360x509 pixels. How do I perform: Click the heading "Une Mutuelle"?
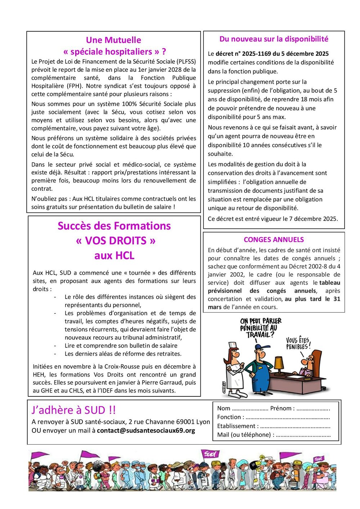tap(113, 40)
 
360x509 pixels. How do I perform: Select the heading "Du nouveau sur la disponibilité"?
tap(274, 39)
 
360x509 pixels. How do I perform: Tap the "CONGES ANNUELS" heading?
tap(274, 240)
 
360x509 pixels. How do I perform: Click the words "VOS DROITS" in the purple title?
tap(116, 241)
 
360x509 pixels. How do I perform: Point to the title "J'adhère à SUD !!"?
tap(74, 410)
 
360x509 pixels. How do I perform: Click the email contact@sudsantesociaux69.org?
tap(146, 431)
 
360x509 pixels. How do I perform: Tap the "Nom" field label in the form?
tap(224, 408)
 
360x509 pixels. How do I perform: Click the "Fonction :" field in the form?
tap(231, 417)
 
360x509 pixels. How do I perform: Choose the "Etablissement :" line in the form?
tap(238, 426)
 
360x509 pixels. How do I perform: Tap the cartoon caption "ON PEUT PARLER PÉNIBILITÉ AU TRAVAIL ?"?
tap(261, 328)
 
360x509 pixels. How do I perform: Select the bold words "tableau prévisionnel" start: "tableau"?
tap(329, 283)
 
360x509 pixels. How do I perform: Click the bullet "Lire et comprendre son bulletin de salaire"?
tap(121, 346)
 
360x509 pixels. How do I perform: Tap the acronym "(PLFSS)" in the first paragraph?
tap(184, 62)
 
